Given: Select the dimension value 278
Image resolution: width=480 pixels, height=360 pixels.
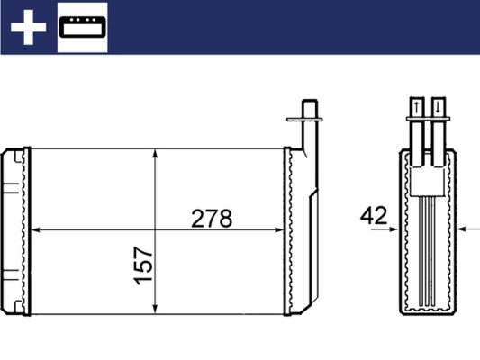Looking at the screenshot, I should (212, 219).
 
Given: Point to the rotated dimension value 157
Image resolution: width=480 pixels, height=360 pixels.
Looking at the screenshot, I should (145, 267).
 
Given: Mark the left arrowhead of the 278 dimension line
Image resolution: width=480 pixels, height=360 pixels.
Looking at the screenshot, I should (37, 230).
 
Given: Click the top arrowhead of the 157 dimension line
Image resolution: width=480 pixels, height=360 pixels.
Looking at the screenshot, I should (157, 155).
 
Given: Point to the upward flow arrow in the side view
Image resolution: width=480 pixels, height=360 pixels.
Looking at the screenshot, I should (417, 109).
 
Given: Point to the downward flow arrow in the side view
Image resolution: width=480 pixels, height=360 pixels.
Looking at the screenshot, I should (438, 109).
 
